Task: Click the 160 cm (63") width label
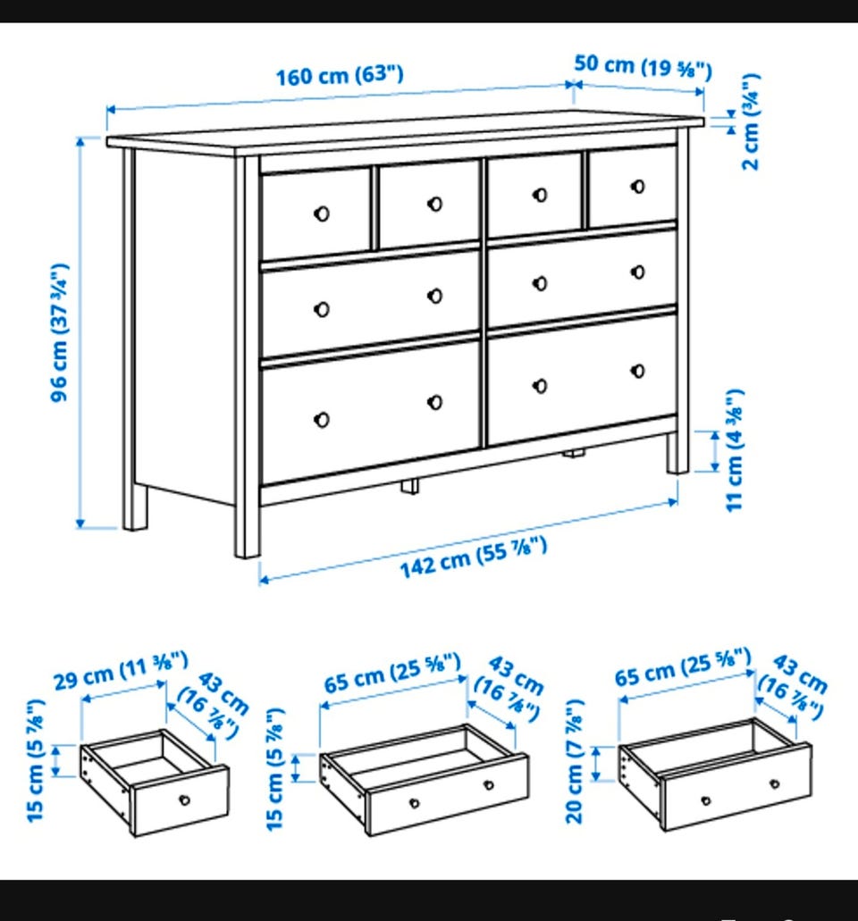pos(340,76)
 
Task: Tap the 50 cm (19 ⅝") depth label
pos(643,66)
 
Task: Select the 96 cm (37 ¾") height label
pos(59,332)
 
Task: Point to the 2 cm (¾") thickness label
pos(751,121)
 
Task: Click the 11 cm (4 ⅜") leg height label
pos(735,450)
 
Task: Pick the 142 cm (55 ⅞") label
pos(474,557)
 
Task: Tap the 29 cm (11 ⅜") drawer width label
pos(121,670)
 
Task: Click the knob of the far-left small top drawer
pos(322,214)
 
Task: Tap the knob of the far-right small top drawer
pos(637,187)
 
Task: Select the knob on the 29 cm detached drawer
pos(184,800)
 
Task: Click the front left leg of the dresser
pos(248,356)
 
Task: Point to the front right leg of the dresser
pos(677,452)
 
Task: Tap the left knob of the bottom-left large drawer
pos(322,420)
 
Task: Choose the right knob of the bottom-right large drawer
pos(637,372)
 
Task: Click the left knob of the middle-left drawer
pos(322,310)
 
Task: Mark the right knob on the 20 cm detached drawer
pos(775,784)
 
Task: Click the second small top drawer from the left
pos(429,205)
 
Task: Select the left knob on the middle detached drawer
pos(415,803)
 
